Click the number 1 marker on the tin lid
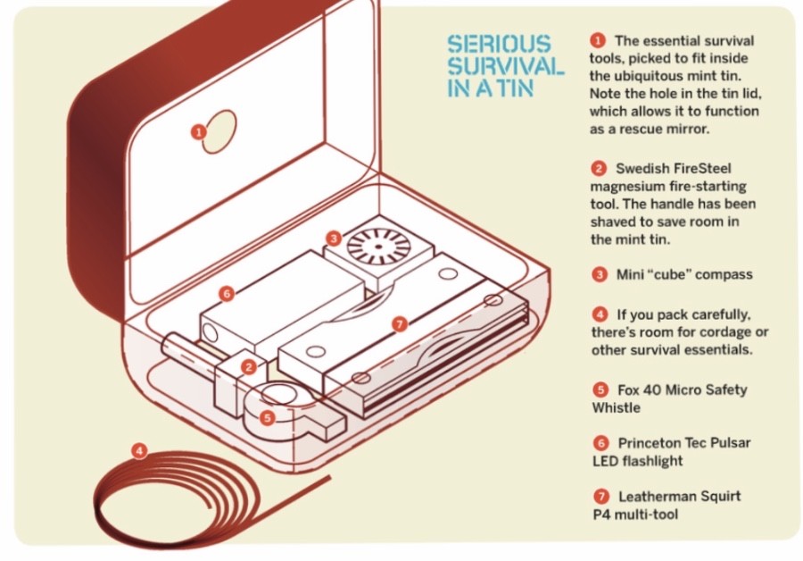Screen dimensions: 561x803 tap(198, 131)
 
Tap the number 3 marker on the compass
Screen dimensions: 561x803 tap(333, 238)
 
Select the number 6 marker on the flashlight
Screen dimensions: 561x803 tap(227, 292)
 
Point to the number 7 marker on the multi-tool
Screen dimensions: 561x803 tap(399, 323)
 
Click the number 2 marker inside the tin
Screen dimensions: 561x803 tap(249, 366)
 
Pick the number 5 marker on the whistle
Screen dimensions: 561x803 tap(268, 415)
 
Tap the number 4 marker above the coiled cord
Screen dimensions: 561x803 tap(138, 450)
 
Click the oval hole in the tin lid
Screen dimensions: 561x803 tap(219, 130)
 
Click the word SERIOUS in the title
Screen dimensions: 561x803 tap(499, 44)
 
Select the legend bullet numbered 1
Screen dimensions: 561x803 tap(598, 40)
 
